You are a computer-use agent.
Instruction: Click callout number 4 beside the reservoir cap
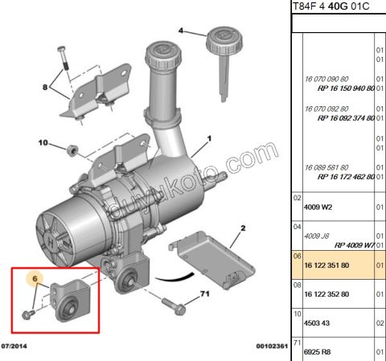pos(181,32)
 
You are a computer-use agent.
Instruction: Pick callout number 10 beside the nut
pos(43,146)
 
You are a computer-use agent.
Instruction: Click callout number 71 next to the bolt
pos(205,294)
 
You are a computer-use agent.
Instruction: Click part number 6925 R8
pos(318,352)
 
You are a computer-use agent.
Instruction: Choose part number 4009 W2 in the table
pos(318,206)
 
